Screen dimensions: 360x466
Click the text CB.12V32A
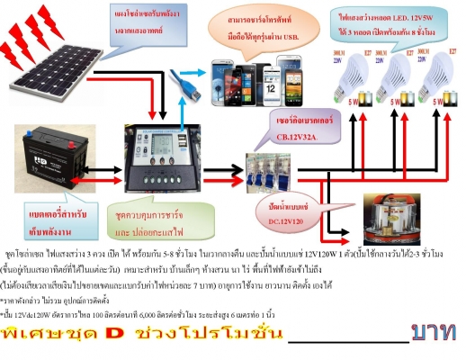click(x=301, y=138)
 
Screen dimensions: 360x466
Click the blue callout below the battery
click(x=49, y=220)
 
